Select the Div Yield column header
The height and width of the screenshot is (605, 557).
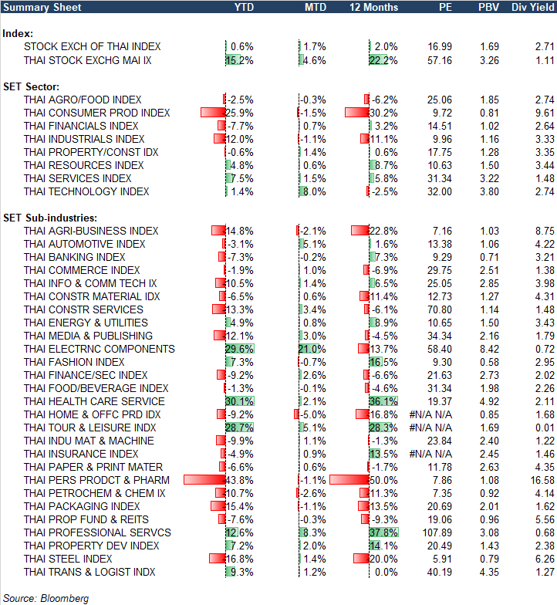tap(532, 7)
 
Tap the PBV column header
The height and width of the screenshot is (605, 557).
tap(488, 7)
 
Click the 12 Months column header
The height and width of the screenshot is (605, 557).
tap(374, 7)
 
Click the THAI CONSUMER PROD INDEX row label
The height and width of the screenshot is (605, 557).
tap(97, 113)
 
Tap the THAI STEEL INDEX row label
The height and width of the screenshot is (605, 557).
tap(68, 559)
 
